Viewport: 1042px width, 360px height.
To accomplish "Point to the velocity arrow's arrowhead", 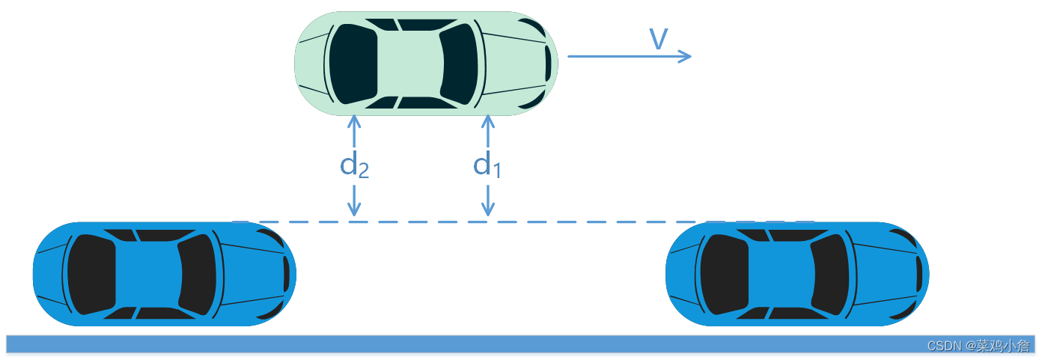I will coord(686,56).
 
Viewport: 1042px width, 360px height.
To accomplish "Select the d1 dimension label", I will coord(487,165).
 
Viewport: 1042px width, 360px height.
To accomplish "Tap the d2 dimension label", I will coord(354,165).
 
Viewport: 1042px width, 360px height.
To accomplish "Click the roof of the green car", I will coord(408,64).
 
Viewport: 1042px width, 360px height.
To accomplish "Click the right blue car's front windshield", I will coord(829,274).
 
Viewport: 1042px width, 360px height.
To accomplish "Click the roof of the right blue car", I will coord(779,274).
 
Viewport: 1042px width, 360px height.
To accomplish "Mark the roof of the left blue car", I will coord(146,274).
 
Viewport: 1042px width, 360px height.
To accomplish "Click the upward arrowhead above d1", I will coord(488,120).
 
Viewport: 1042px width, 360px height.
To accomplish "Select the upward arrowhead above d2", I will coord(354,120).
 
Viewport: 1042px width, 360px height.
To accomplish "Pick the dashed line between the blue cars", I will coord(464,222).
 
